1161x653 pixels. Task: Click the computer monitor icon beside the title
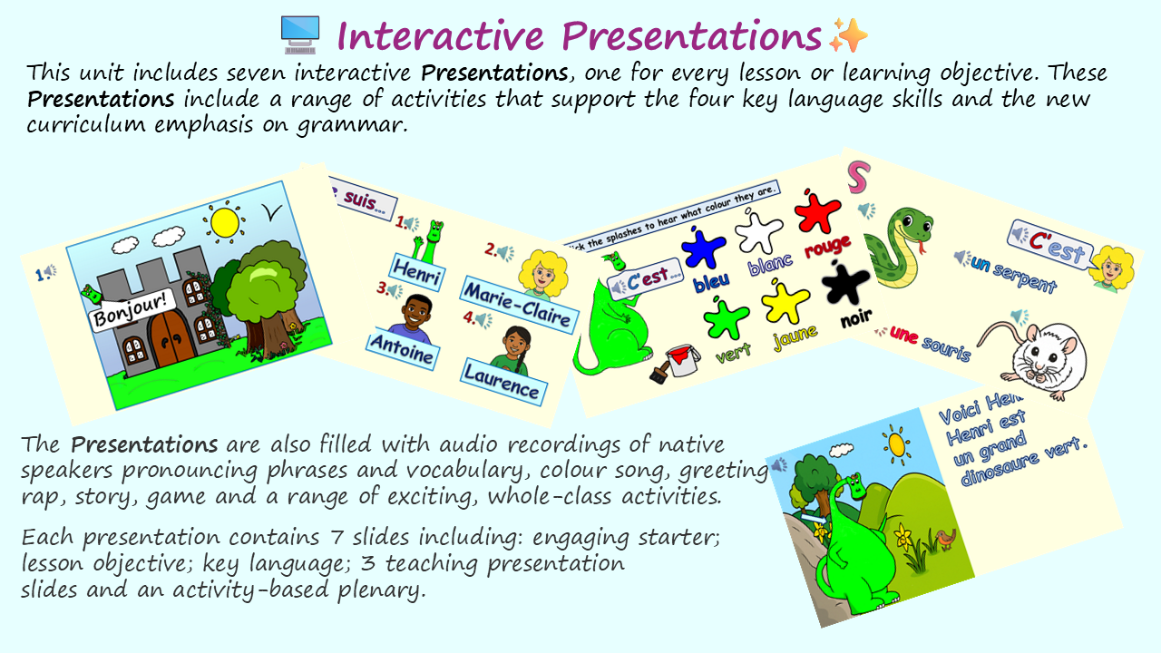click(300, 34)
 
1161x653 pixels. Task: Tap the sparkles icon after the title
click(848, 35)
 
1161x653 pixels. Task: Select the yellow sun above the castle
click(223, 221)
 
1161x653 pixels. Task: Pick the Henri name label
click(417, 270)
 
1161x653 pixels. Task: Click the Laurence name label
click(502, 382)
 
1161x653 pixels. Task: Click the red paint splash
click(817, 210)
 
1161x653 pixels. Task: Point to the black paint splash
click(846, 283)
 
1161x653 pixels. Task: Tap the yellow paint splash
click(785, 303)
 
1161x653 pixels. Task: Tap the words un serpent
click(1013, 273)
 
